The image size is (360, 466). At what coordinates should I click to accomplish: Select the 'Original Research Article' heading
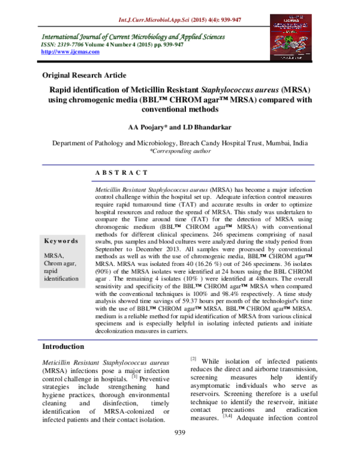coord(84,75)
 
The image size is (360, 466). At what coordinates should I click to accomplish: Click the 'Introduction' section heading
coord(68,347)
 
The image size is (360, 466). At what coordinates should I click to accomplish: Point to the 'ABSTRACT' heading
coord(121,173)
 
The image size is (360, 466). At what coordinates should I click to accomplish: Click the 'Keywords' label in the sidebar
coord(61,241)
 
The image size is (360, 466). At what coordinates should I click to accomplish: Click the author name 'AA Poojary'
coord(148,129)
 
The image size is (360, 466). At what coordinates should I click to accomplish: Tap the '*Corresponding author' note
coord(180,152)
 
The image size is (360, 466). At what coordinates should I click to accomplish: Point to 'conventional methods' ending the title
coord(180,110)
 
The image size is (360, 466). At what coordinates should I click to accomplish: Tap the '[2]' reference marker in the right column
coord(194,359)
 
